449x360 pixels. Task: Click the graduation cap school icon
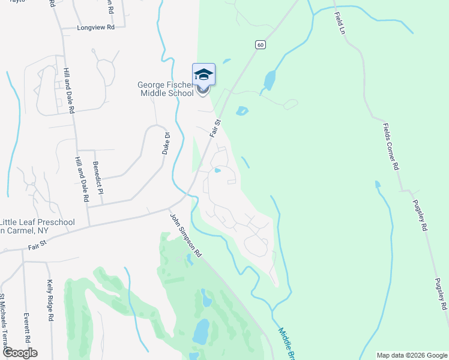[203, 74]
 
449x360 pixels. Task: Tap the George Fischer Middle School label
[166, 89]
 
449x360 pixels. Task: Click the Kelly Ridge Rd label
[50, 299]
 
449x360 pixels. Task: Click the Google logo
[19, 353]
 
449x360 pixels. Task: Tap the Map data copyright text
[411, 355]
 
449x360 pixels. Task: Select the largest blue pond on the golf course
[201, 329]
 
